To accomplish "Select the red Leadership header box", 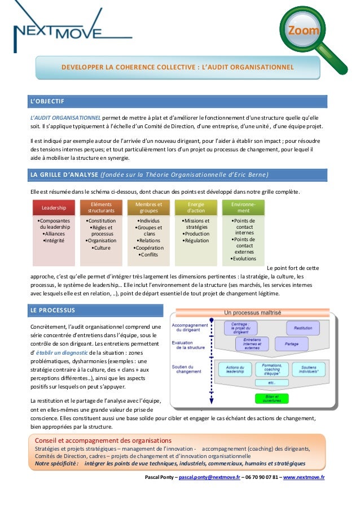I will click(54, 207).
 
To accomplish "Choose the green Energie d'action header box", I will click(196, 207).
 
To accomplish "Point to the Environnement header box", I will click(244, 207).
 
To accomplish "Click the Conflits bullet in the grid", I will click(149, 254).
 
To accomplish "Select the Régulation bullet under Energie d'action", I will click(196, 241).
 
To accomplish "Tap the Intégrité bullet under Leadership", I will click(54, 241).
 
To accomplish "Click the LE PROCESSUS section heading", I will click(51, 310).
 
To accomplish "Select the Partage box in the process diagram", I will click(292, 343).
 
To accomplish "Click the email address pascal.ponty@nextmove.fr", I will click(209, 477).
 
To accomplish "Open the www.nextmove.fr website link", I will click(304, 477).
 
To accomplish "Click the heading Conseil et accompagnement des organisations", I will click(103, 440).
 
